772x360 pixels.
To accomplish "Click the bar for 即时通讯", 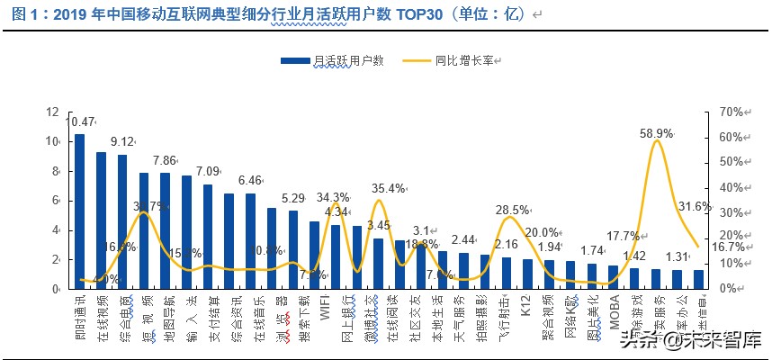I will (x=79, y=211).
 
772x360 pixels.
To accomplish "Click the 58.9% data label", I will (x=659, y=132).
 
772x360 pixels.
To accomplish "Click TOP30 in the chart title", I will (x=435, y=15).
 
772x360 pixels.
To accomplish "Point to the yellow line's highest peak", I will (x=658, y=141).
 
